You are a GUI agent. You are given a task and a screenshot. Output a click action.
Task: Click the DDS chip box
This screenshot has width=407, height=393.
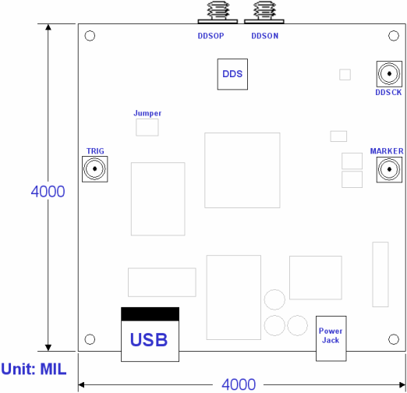[232, 75]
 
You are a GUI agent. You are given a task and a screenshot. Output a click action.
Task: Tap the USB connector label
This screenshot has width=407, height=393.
[149, 340]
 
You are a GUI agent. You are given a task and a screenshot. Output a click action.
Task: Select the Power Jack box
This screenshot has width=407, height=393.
[330, 337]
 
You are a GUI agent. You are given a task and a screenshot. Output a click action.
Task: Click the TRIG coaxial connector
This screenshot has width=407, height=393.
[95, 168]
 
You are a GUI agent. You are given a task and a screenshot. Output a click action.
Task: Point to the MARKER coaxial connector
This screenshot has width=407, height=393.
[388, 168]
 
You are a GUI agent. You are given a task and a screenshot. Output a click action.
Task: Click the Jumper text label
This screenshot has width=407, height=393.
[147, 113]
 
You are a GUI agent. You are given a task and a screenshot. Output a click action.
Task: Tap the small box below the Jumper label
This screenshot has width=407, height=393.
[147, 127]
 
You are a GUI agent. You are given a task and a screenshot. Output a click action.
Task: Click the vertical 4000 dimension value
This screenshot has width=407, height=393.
[48, 191]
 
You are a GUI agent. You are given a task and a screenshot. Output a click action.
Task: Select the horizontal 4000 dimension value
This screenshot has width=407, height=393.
[239, 384]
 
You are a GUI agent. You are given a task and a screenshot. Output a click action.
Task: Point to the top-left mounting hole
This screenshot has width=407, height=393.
[90, 37]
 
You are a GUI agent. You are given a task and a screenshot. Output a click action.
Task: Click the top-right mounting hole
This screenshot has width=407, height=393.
[394, 37]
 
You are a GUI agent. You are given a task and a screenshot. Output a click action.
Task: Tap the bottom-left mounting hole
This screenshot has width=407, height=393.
[90, 339]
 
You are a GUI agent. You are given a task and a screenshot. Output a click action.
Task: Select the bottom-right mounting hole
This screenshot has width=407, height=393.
[394, 339]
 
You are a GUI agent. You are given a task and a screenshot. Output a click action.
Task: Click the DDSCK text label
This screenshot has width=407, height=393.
[388, 93]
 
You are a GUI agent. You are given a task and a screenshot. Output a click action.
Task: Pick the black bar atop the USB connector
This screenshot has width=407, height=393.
[150, 313]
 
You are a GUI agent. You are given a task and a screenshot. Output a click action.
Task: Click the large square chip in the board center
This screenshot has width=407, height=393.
[242, 170]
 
